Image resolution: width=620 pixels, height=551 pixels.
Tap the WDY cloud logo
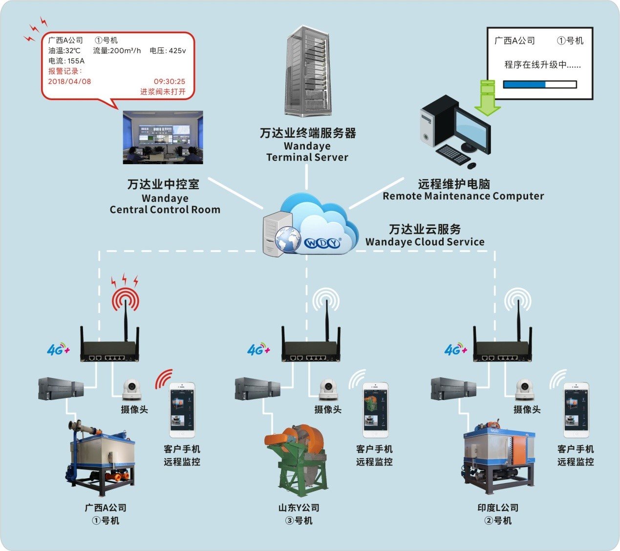(x=322, y=243)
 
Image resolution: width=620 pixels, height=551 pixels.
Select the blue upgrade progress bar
(x=524, y=85)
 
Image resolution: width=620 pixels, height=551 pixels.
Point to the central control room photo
(x=163, y=137)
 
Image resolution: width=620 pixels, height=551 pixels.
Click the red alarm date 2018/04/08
(x=69, y=82)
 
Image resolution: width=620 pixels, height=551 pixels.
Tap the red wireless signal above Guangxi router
(x=126, y=299)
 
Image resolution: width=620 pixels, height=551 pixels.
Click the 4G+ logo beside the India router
(x=455, y=349)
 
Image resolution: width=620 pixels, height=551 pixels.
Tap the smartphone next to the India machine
(x=576, y=410)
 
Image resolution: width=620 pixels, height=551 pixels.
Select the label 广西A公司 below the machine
(x=106, y=508)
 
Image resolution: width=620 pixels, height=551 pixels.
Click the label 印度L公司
(x=498, y=508)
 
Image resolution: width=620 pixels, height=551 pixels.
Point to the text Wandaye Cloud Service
(x=425, y=242)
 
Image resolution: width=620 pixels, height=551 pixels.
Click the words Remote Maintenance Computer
(x=463, y=196)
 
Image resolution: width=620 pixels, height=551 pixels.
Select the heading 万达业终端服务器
(x=307, y=133)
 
